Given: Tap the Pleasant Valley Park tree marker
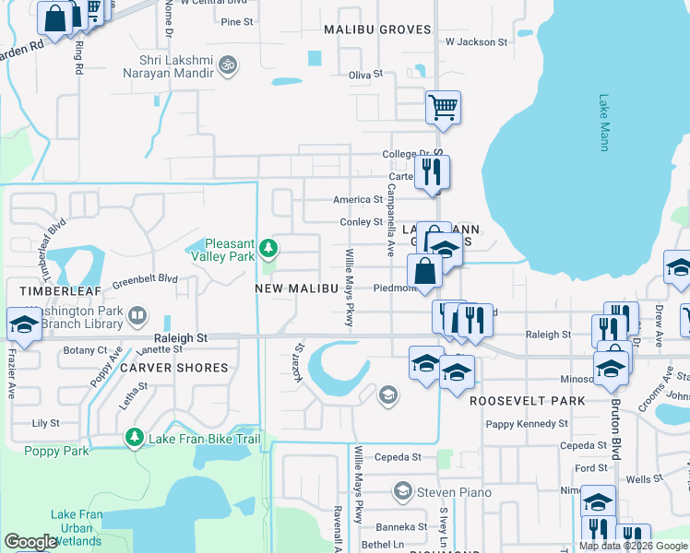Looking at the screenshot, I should coord(268,248).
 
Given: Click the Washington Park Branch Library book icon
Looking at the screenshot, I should coord(137,316).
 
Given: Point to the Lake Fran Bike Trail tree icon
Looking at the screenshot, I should coord(136,437).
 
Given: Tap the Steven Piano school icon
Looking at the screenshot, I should coord(402,490).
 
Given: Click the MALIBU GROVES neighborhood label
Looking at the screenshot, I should coord(377,29).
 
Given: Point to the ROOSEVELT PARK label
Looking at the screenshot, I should coord(527,401).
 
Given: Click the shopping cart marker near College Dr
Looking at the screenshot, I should coord(443,108).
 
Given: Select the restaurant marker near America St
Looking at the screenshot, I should coord(431,172).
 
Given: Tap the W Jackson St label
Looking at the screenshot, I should coord(476,42).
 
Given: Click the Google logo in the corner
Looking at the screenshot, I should coord(30,542).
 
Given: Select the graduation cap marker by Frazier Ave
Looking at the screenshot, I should coord(22,325).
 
